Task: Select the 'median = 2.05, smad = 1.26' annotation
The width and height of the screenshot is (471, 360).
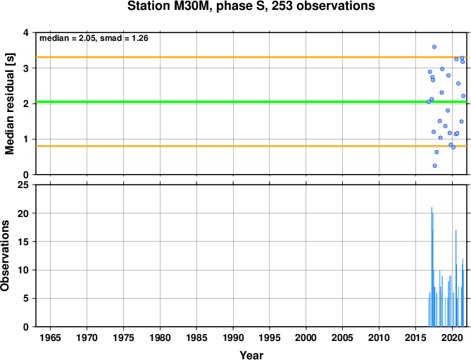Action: click(x=94, y=38)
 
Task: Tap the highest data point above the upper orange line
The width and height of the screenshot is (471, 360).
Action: click(x=434, y=47)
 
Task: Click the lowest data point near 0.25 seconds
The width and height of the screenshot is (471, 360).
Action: click(x=434, y=166)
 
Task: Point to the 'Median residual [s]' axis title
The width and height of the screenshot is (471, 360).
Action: click(x=9, y=104)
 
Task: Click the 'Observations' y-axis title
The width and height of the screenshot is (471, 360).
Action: click(x=5, y=256)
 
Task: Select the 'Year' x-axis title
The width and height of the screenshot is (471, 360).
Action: click(x=251, y=355)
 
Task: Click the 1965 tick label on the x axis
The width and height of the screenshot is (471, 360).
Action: click(x=50, y=337)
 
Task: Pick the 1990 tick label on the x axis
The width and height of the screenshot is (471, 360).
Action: click(x=233, y=337)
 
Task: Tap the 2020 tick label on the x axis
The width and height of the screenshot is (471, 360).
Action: click(x=453, y=337)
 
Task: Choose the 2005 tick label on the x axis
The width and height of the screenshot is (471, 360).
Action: click(x=342, y=337)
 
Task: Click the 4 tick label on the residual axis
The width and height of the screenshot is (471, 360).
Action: click(x=26, y=32)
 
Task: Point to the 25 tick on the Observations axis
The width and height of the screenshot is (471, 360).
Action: click(x=23, y=185)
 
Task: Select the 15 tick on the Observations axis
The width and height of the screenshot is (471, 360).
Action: click(x=23, y=242)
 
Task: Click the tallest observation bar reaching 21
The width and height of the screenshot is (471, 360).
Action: click(x=432, y=267)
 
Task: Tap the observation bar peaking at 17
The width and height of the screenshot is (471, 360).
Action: click(x=456, y=278)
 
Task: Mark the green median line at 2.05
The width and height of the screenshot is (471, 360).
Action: click(x=251, y=101)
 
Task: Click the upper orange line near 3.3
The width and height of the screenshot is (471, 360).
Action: click(x=251, y=57)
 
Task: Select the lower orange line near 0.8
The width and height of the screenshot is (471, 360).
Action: click(x=251, y=146)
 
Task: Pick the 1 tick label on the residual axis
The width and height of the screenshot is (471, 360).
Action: click(x=26, y=139)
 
